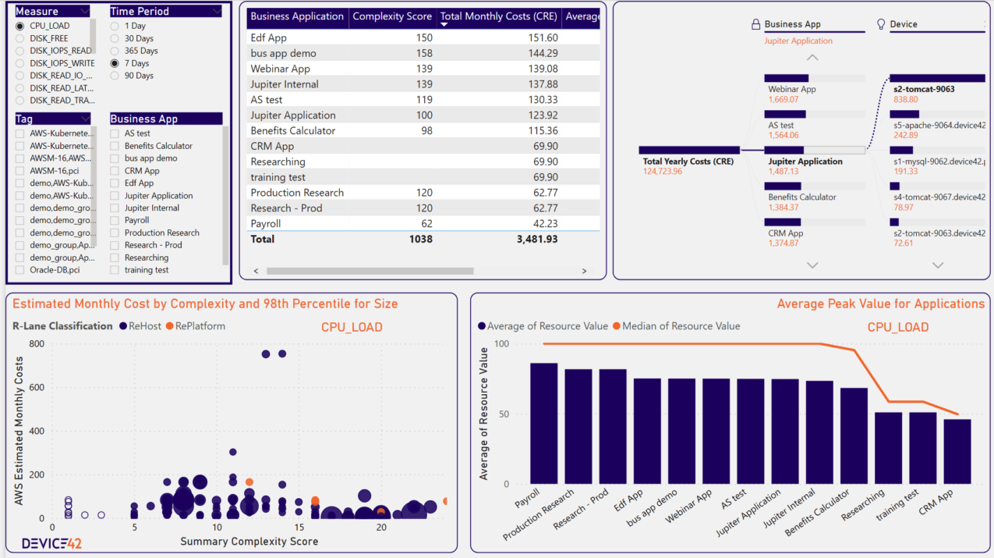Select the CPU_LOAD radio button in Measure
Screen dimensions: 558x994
20,26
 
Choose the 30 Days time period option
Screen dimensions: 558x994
115,38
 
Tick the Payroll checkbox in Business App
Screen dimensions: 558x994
115,220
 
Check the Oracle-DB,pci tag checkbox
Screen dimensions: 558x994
20,270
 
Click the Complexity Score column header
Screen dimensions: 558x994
391,16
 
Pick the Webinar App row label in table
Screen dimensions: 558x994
280,69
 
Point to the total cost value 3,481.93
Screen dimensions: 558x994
537,239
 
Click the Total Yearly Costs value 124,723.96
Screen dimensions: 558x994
663,171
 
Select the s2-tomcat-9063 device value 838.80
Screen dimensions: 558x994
905,99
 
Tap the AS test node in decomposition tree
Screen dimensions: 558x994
781,125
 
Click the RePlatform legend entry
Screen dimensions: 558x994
194,326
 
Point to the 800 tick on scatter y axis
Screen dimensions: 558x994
36,343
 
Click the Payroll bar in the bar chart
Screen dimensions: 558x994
543,423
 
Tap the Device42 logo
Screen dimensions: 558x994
51,543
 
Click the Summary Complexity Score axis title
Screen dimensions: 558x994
249,542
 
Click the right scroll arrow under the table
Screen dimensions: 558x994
584,272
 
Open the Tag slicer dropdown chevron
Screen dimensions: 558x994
84,119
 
